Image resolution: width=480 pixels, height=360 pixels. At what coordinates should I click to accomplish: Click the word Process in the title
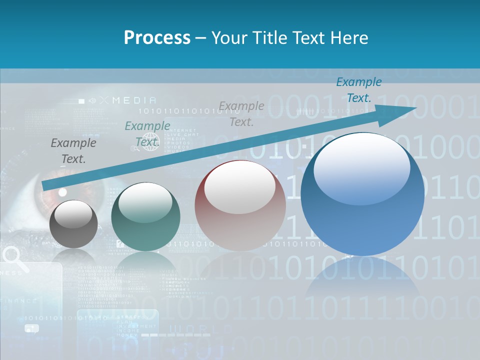click(157, 37)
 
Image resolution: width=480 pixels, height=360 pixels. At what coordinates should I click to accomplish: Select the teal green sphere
click(145, 217)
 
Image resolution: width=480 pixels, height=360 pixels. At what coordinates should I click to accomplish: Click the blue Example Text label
click(358, 90)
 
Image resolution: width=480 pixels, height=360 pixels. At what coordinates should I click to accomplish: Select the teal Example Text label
click(147, 134)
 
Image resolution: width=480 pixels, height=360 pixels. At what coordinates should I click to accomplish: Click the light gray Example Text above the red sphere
click(241, 113)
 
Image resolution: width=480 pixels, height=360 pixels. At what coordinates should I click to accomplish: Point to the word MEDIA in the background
click(134, 100)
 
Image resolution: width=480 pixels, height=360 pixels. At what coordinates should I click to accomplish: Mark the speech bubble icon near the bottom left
click(31, 328)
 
